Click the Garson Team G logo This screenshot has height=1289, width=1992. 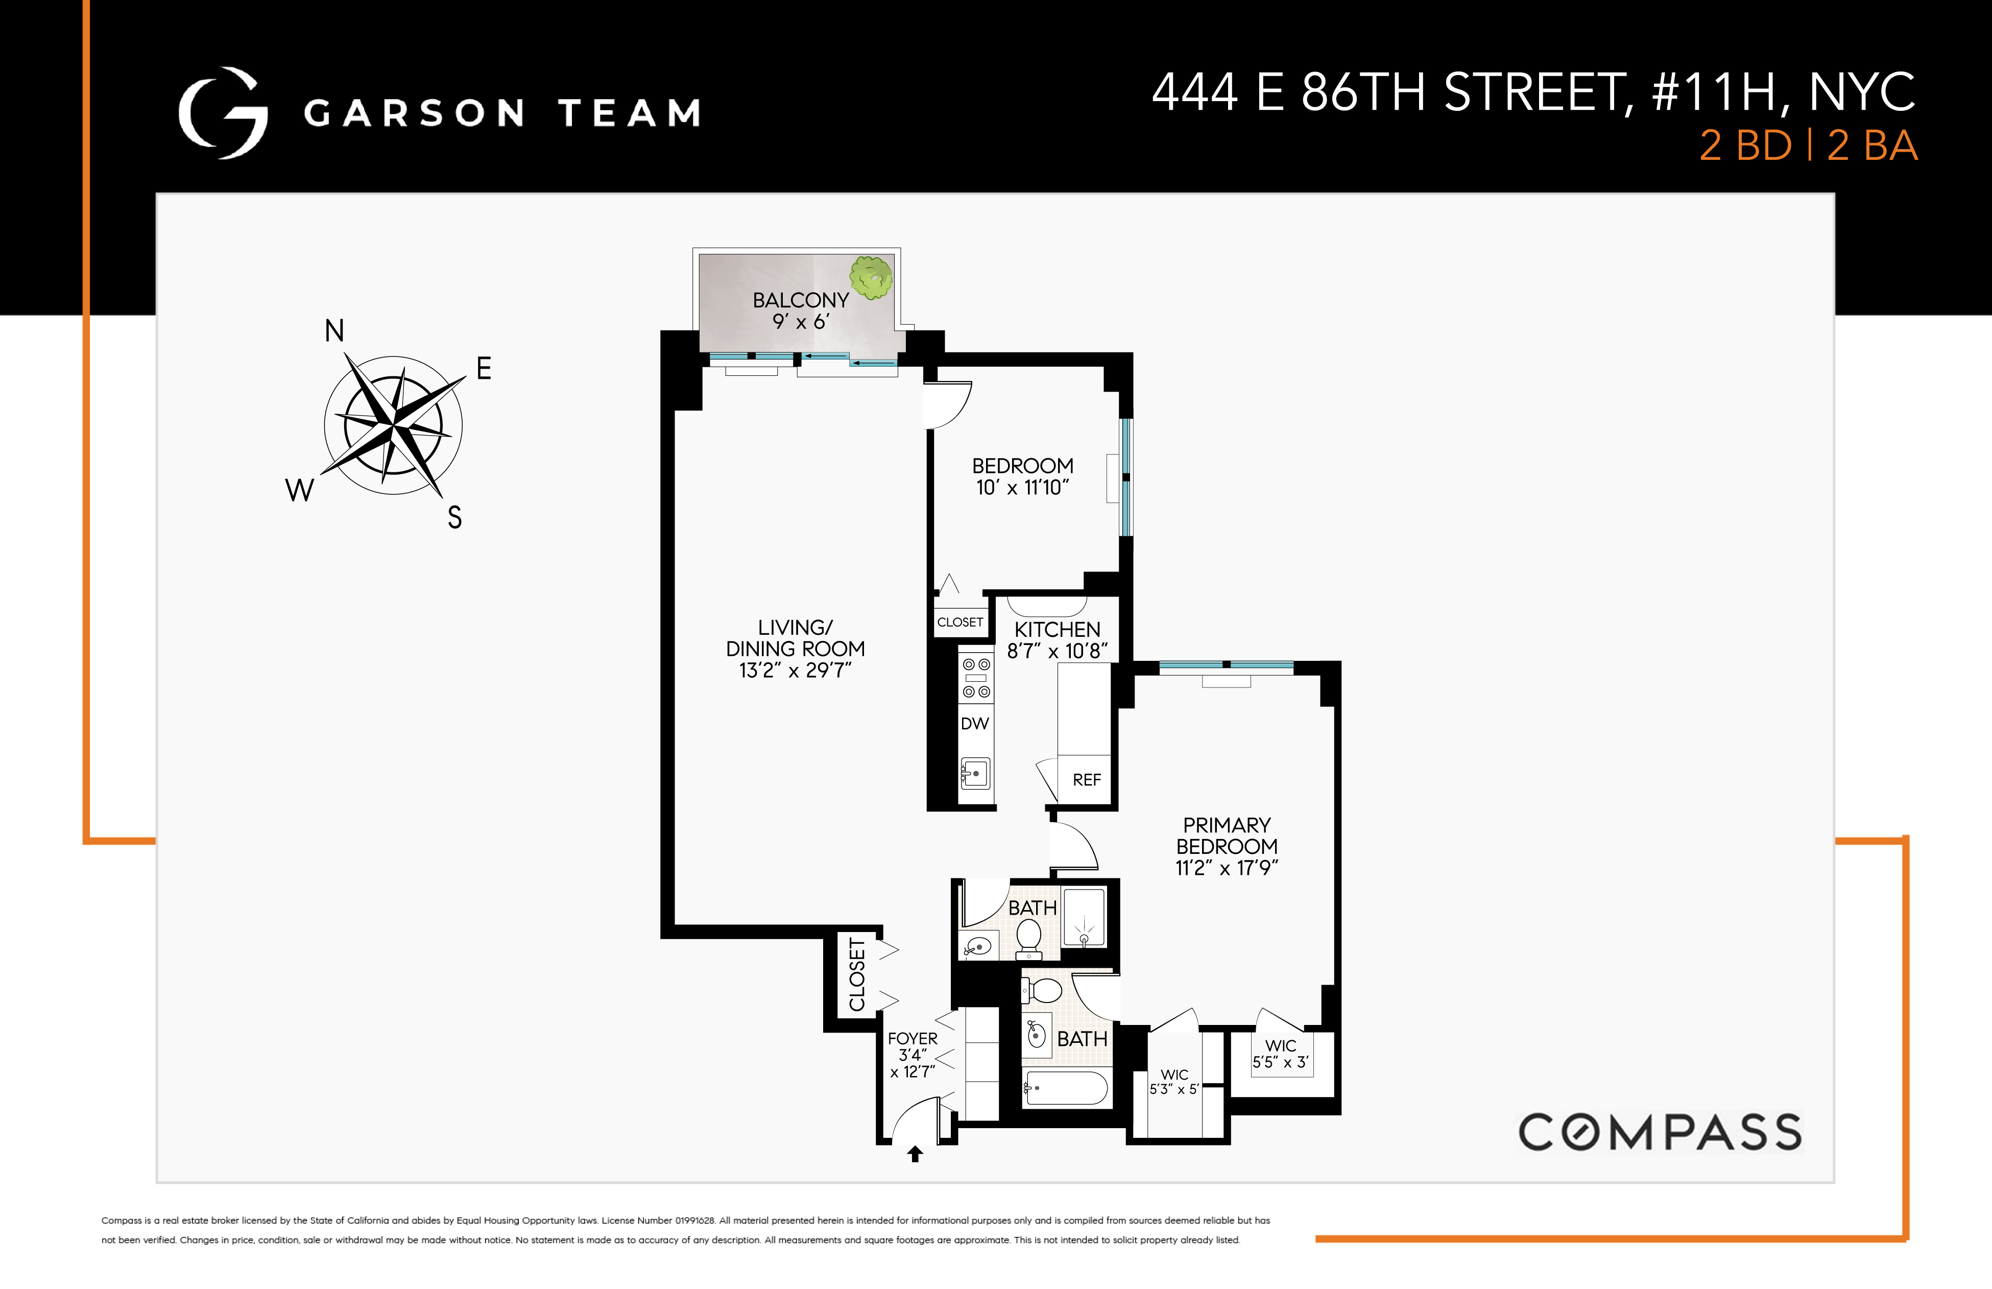tap(223, 113)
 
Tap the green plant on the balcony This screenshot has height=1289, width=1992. tap(871, 277)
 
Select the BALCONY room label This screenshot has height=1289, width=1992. tap(800, 300)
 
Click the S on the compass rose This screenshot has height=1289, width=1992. tap(454, 517)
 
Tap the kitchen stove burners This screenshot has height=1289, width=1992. tap(976, 678)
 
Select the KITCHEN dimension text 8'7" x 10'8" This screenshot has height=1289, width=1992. tap(1057, 651)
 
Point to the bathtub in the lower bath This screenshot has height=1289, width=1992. tap(1066, 1088)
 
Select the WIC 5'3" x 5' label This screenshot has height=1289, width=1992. tap(1174, 1082)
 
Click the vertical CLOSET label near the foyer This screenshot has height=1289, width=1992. tap(857, 974)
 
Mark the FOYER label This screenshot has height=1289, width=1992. tap(913, 1039)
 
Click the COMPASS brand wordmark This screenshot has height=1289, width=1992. tap(1660, 1133)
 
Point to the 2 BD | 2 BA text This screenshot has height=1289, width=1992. tap(1808, 146)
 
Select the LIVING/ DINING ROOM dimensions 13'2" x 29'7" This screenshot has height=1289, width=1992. tap(795, 671)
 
